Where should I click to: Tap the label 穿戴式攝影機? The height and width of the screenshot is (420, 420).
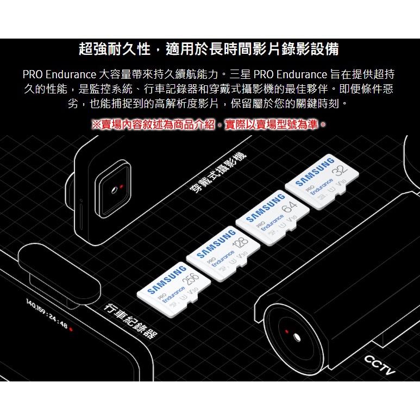coord(217,173)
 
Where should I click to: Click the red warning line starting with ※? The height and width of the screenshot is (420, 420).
coord(210,124)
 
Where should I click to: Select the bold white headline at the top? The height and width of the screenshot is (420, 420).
coord(209,49)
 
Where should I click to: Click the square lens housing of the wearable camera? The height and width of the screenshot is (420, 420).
coord(115,187)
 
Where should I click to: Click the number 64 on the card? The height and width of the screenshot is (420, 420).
coord(290,207)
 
